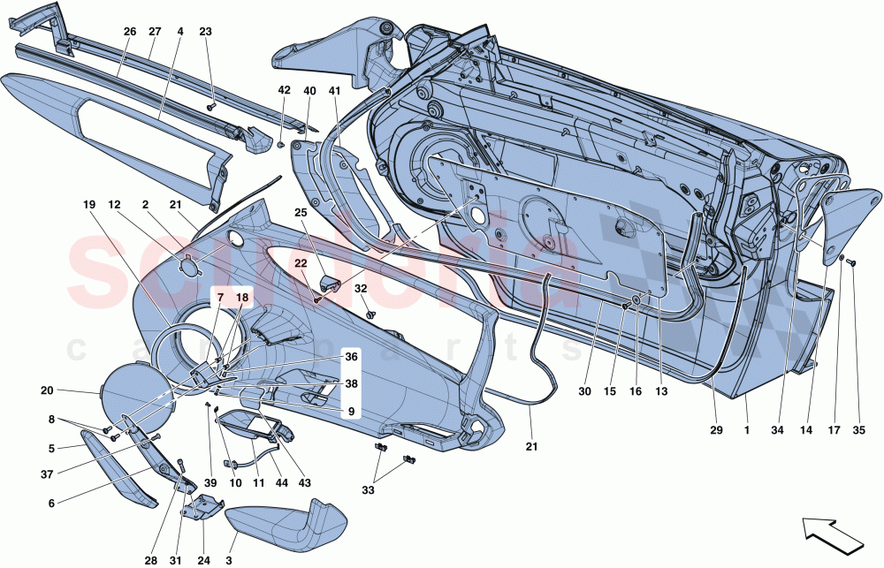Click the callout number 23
point(206,32)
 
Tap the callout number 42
point(284,90)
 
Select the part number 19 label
point(89,205)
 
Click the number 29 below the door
point(716,432)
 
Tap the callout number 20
point(47,390)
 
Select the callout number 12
point(114,205)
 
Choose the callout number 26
point(129,32)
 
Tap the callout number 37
point(52,473)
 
